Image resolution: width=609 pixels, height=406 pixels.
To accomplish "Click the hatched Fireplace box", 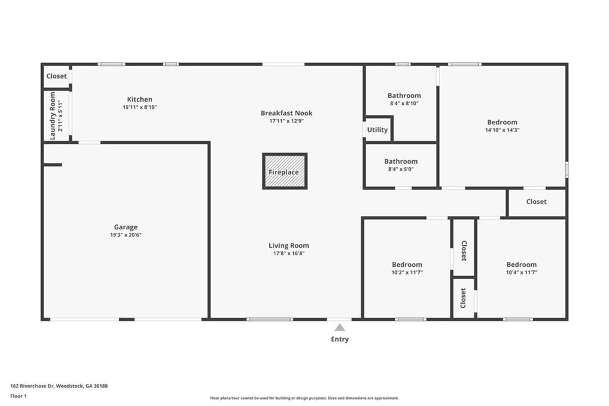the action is pos(285,171).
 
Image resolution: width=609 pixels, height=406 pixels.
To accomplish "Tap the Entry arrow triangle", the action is pos(340,327).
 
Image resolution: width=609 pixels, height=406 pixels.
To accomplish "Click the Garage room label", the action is pos(125,227).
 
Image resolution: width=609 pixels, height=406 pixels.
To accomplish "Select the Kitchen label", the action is pos(140,99).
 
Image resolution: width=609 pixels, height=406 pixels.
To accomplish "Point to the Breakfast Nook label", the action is pos(287,113).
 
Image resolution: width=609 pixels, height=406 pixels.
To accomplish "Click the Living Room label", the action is pos(289,245).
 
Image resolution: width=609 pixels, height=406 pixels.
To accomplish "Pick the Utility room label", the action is pos(378,130).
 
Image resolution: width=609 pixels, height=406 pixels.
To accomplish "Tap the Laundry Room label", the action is pos(53,116).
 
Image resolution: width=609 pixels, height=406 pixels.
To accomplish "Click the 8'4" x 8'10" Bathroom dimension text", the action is pos(404,104).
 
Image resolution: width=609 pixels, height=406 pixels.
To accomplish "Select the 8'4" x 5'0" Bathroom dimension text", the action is pos(401,169).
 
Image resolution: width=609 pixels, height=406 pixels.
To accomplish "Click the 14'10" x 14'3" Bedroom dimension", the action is pos(502,130).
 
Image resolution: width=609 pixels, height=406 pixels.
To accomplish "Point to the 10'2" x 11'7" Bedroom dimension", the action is pos(407,272).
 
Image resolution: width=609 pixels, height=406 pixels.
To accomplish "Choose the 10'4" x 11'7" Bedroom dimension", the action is pos(522,272).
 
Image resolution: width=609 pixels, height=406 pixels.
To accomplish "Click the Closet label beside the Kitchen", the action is pos(56,76).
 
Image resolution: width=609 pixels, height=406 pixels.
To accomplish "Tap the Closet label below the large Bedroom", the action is pos(536,201).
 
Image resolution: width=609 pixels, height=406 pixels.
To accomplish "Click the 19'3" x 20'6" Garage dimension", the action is pos(126,235).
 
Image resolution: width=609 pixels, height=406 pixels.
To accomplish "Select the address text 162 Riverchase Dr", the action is pos(32,386).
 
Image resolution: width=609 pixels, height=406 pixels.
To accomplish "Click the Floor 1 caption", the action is pos(18,396).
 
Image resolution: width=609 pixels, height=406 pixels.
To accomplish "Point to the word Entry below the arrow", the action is pos(340,339).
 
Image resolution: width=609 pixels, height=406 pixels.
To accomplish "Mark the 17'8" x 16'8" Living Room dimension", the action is pos(289,254).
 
